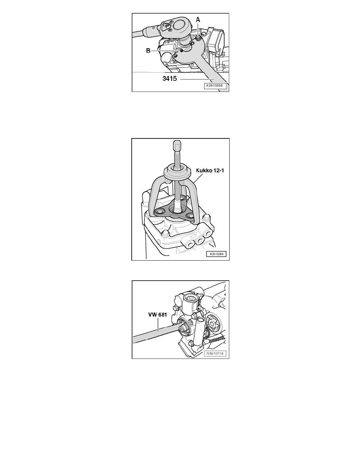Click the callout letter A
[198, 20]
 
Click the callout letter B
[148, 51]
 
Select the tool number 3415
[169, 79]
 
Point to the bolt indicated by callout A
[198, 38]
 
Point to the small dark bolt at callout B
[181, 51]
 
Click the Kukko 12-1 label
[210, 171]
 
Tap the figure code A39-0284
[216, 254]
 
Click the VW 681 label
[158, 314]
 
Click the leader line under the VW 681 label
[158, 324]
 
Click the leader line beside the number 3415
[197, 79]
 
